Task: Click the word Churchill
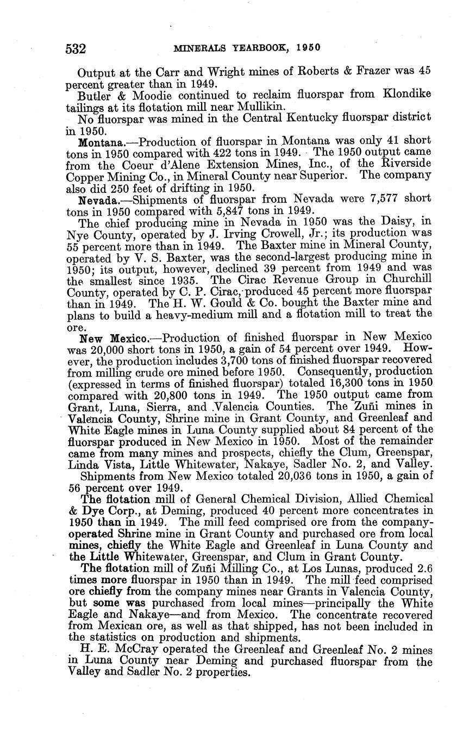(x=401, y=280)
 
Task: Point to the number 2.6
(x=422, y=568)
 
